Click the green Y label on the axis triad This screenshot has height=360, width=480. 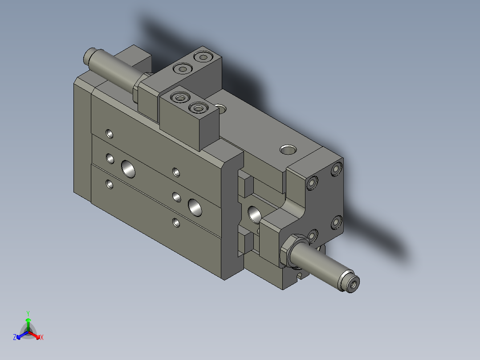point(28,313)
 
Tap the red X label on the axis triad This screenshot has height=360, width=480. point(41,338)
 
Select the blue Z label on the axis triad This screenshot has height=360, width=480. point(15,338)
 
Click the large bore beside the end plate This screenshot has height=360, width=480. point(255,214)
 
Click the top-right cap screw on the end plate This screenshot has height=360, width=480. point(336,169)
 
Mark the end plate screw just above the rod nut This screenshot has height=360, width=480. point(313,235)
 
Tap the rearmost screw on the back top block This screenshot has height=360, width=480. point(203,57)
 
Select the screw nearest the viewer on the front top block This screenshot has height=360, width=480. point(198,108)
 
